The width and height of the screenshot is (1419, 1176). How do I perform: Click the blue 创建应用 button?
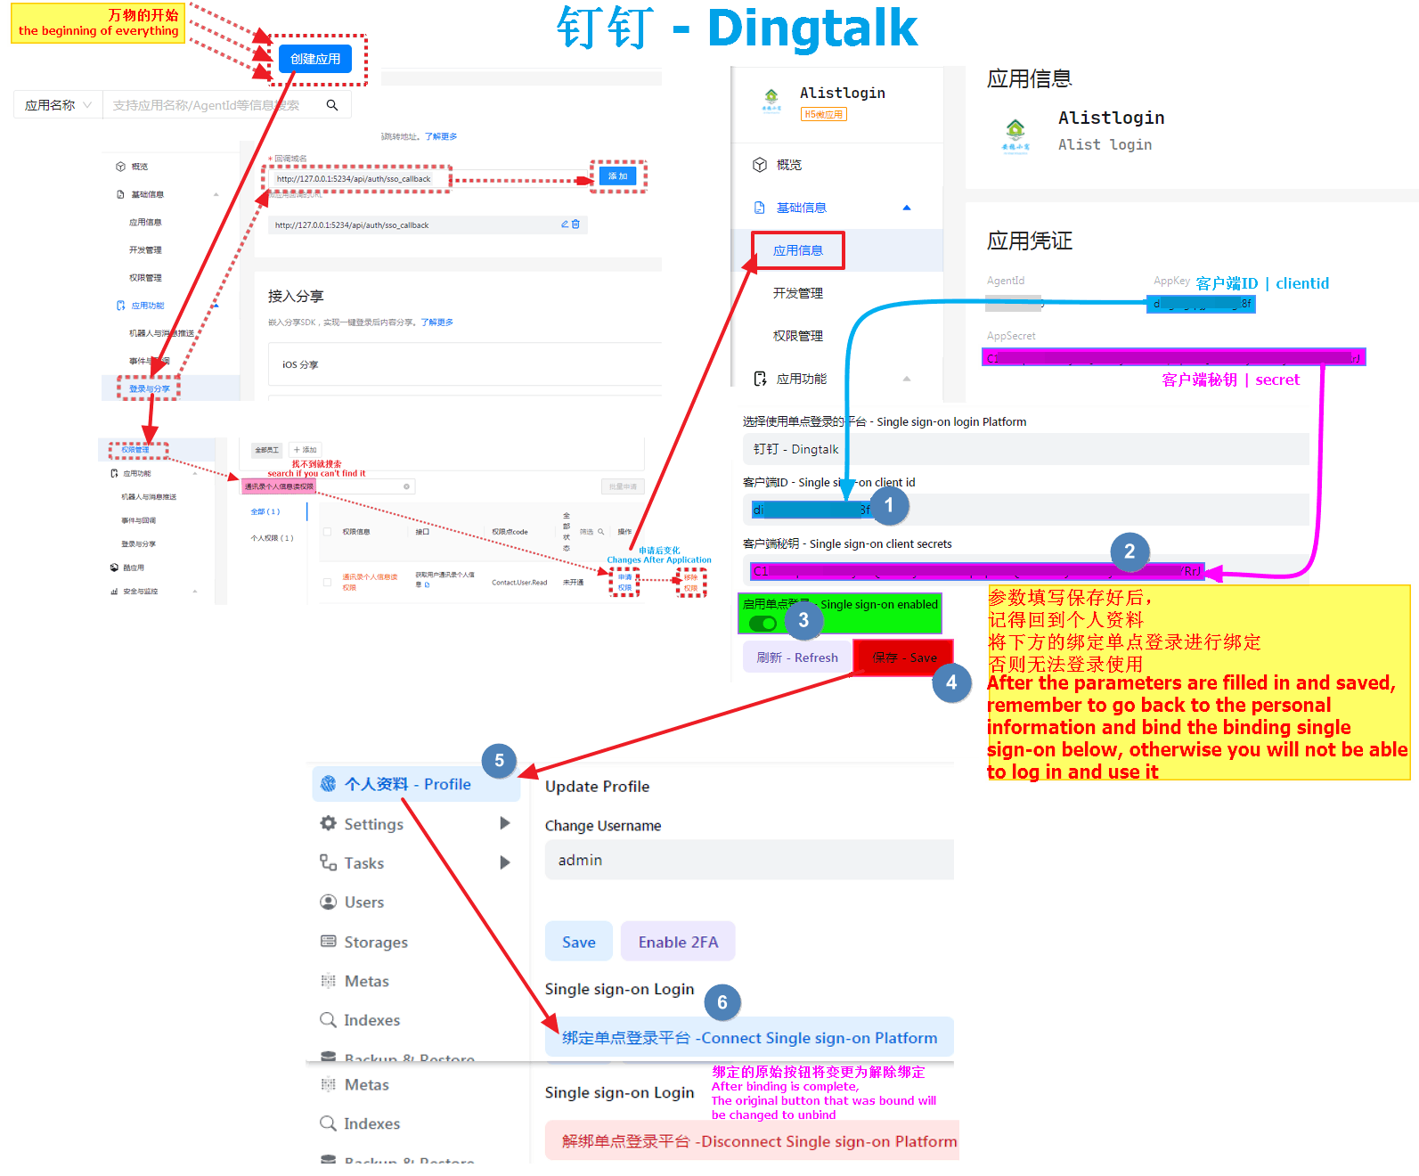315,59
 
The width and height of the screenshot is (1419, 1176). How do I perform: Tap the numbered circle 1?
888,506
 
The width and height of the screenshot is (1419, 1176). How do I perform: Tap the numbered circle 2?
1129,551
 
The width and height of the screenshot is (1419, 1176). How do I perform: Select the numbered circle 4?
951,682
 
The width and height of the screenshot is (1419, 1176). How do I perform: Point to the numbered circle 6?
722,1003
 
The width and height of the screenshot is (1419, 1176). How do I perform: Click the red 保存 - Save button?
903,657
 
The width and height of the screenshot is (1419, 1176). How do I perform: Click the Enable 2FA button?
678,942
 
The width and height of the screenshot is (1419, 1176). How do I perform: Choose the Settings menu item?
373,824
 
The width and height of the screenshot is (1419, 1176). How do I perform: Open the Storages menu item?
375,942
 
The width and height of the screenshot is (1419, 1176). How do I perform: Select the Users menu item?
363,902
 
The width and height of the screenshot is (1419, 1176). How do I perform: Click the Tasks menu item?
363,863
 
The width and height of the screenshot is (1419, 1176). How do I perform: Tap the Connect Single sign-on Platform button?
749,1038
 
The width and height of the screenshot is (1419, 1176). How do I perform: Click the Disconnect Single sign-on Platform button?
758,1141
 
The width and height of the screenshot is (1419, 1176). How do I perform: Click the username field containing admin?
748,860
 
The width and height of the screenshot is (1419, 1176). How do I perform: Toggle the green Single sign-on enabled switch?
763,623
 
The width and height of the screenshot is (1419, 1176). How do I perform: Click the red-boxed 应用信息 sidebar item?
797,250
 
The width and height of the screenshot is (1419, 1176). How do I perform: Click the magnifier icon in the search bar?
332,105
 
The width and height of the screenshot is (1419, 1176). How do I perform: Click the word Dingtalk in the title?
811,29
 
